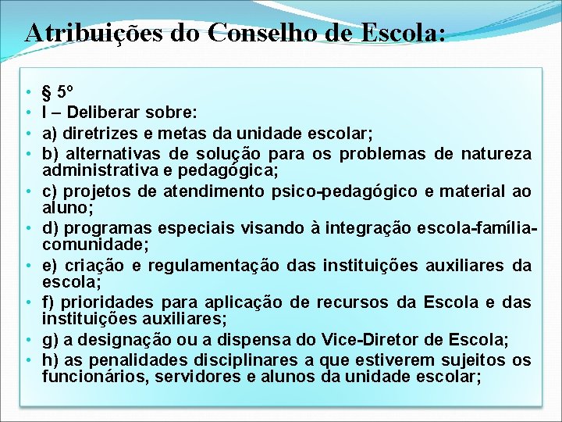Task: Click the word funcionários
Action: pos(87,377)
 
